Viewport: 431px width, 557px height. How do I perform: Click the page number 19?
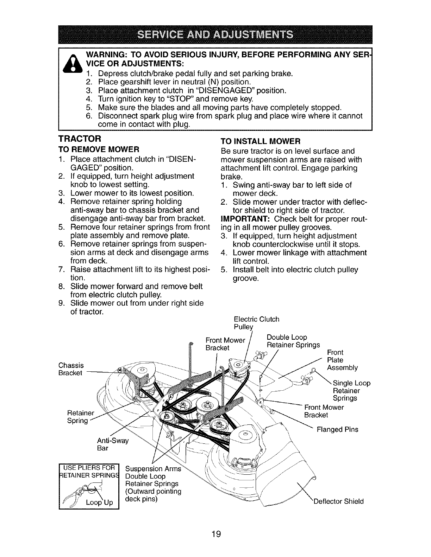pyautogui.click(x=216, y=534)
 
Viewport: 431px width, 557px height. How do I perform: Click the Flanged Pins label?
pyautogui.click(x=337, y=429)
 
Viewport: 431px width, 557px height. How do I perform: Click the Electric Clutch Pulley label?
pyautogui.click(x=256, y=323)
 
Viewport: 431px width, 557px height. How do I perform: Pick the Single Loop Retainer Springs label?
pyautogui.click(x=351, y=391)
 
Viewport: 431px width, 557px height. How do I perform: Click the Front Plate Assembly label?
pyautogui.click(x=342, y=360)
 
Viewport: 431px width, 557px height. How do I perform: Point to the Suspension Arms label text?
pyautogui.click(x=153, y=469)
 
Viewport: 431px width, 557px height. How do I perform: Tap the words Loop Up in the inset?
pyautogui.click(x=100, y=502)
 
